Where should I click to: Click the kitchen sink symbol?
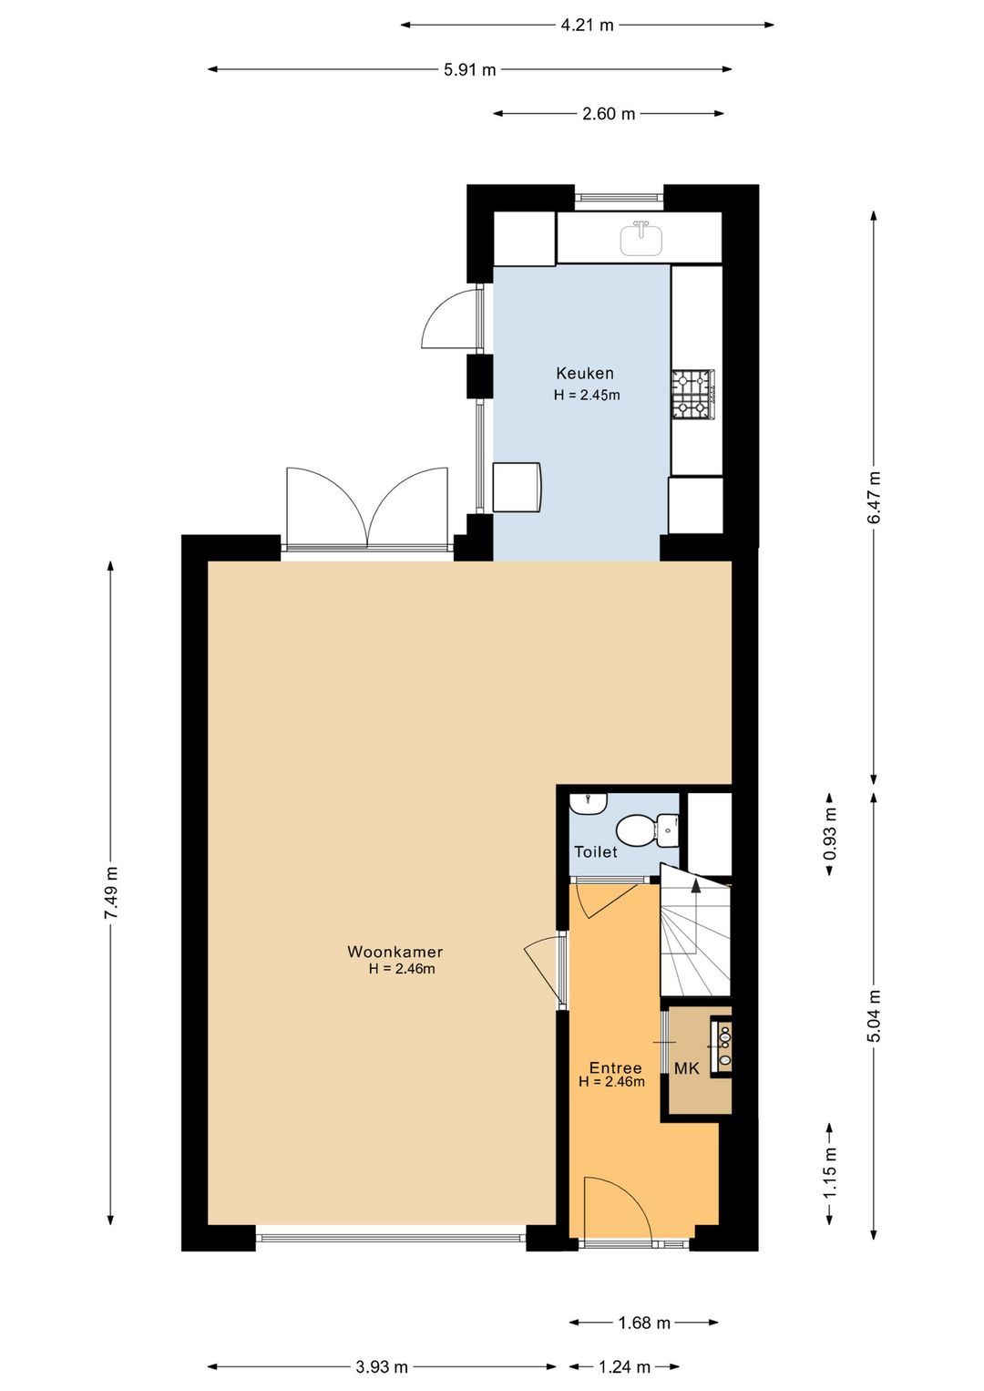click(642, 238)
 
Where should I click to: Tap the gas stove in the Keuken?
click(693, 394)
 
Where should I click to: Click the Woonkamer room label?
click(395, 952)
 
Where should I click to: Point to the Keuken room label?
click(585, 373)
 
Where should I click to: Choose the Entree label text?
click(615, 1068)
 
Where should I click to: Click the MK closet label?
click(687, 1068)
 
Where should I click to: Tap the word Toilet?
click(595, 852)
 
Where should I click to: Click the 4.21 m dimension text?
click(587, 25)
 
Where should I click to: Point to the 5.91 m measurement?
click(469, 69)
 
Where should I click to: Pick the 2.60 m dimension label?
click(609, 114)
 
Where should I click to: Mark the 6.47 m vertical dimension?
click(874, 498)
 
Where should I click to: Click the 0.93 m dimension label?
click(829, 833)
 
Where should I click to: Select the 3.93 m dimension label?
click(381, 1366)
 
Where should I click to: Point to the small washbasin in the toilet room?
click(588, 803)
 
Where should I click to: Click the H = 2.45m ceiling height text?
click(587, 395)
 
